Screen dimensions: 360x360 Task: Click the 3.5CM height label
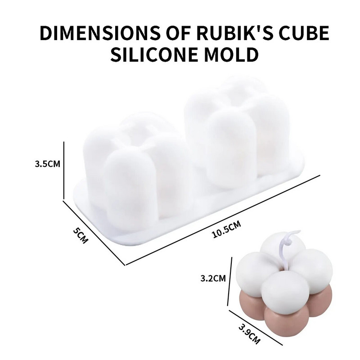47,164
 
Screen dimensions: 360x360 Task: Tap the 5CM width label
81,235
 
